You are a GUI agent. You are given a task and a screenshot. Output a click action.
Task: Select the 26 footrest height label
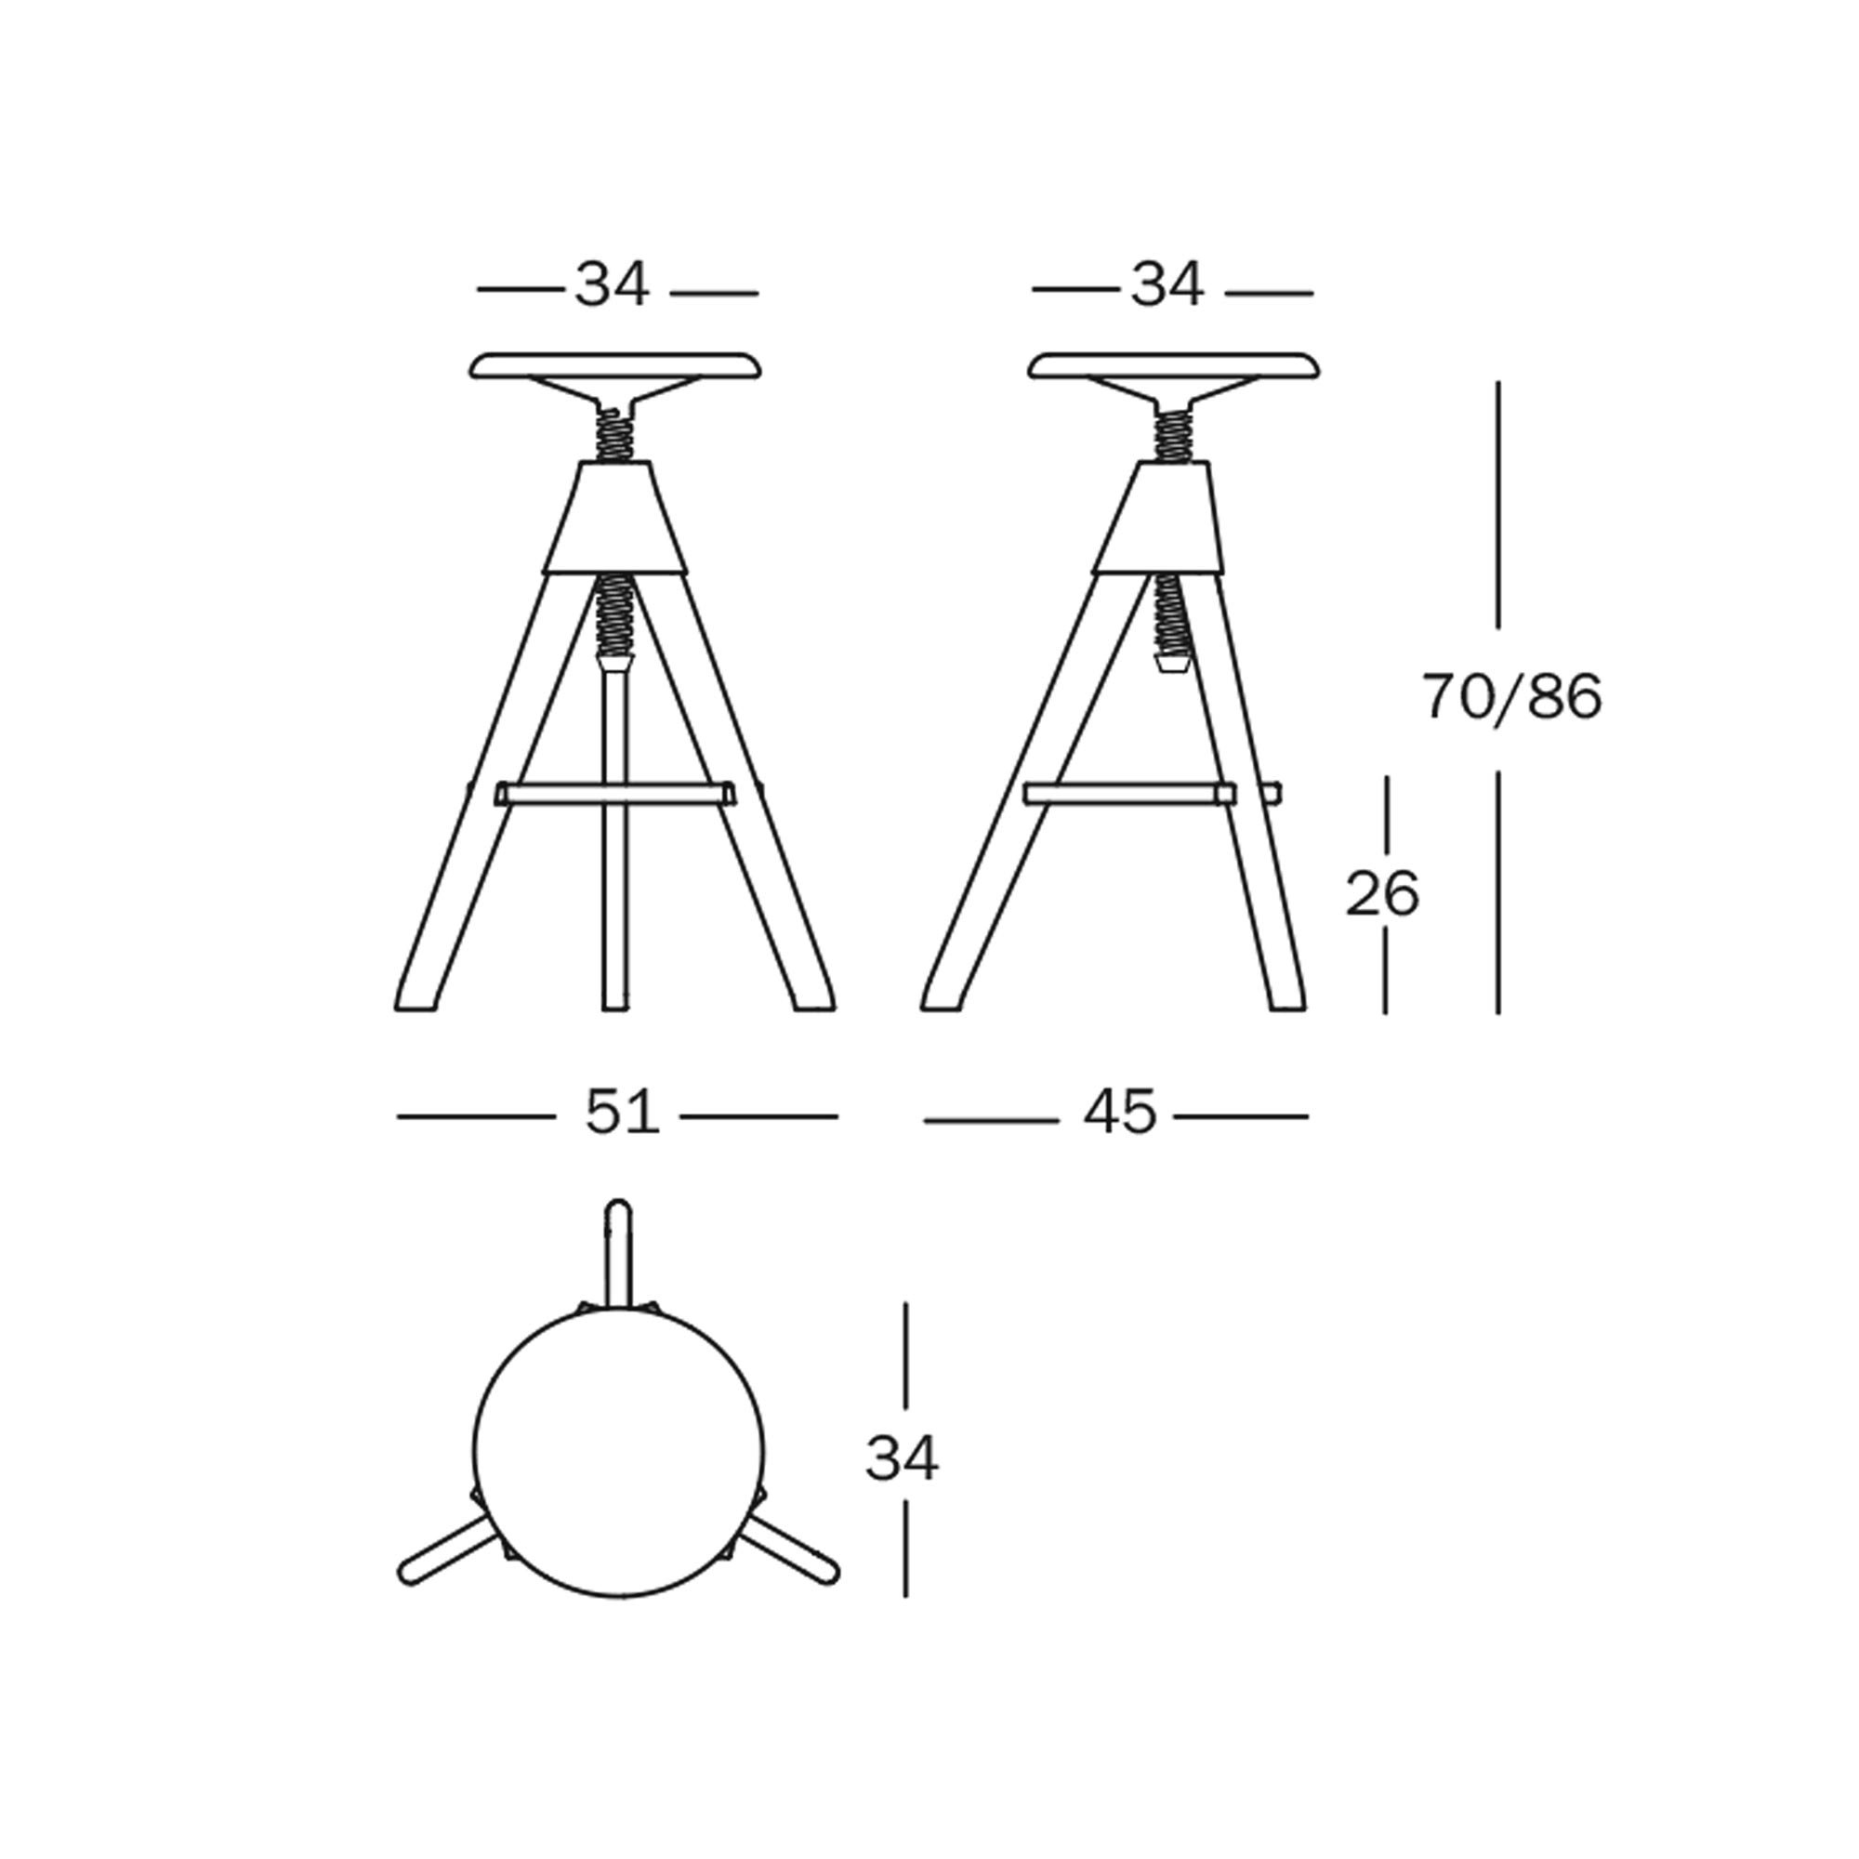(1382, 894)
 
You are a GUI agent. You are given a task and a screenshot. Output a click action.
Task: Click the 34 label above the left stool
(613, 284)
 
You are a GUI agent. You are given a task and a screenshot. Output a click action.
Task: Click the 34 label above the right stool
(1167, 284)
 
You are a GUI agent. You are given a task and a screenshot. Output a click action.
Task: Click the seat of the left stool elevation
(616, 365)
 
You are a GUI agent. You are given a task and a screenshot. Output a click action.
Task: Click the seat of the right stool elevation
(1174, 365)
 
